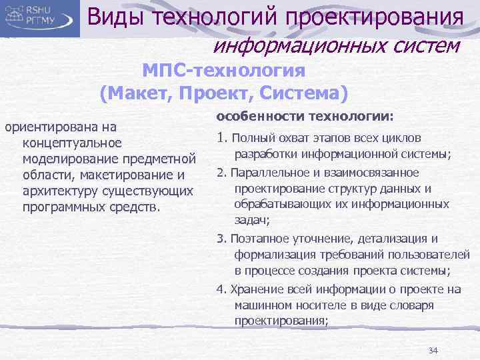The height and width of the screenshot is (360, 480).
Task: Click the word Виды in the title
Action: pos(117,17)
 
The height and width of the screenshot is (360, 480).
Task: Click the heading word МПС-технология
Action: pos(224,70)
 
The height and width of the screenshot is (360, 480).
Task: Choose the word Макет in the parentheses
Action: pos(140,92)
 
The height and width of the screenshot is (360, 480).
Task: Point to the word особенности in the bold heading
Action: pos(249,115)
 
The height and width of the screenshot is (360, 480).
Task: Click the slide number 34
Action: pos(433,350)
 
